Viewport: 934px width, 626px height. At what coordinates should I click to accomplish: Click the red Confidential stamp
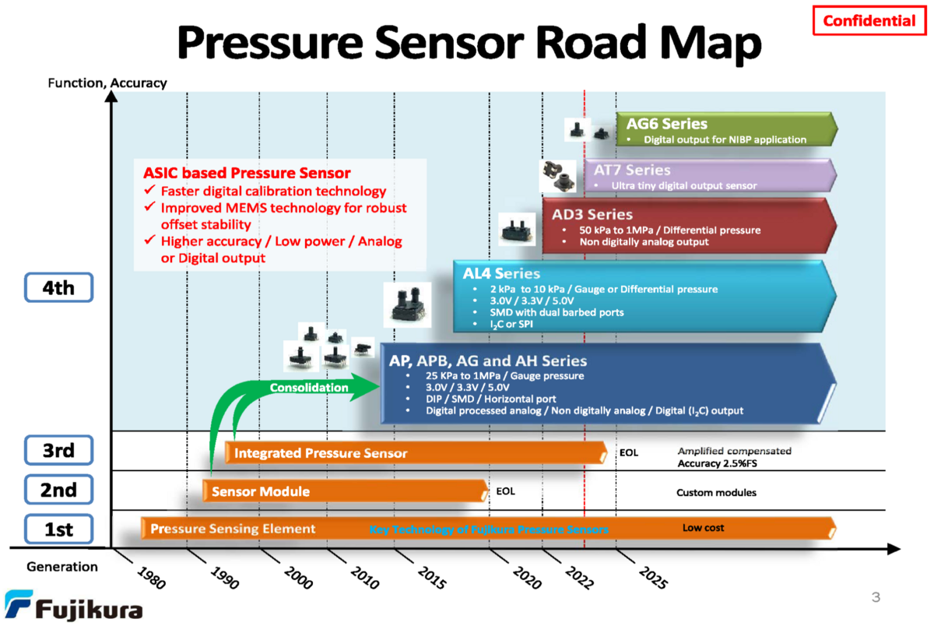(x=869, y=21)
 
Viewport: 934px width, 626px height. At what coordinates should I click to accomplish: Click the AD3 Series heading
(x=592, y=214)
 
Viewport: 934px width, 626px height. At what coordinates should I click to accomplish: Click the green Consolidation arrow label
(x=309, y=387)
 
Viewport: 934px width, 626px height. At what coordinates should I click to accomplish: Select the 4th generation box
(x=58, y=288)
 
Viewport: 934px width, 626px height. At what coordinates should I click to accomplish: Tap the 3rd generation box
(x=58, y=450)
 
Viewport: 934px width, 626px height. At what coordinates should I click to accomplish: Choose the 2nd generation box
(x=58, y=491)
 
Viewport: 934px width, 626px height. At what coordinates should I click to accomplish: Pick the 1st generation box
(x=58, y=530)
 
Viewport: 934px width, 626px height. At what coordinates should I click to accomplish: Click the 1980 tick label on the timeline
(x=151, y=579)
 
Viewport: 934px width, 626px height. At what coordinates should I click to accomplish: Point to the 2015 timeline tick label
(x=432, y=579)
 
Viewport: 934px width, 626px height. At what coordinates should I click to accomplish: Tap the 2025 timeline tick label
(x=653, y=579)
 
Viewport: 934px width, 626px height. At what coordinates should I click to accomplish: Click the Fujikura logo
(x=73, y=607)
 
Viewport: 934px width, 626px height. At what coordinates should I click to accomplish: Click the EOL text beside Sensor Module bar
(x=505, y=491)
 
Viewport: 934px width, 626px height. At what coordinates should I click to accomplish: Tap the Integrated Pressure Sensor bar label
(x=321, y=453)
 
